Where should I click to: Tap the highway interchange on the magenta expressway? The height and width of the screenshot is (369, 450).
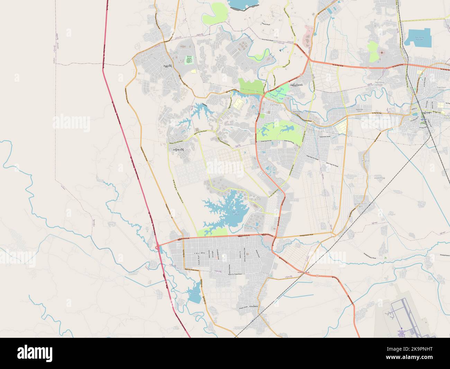click(x=158, y=248)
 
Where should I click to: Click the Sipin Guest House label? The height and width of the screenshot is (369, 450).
click(x=297, y=113)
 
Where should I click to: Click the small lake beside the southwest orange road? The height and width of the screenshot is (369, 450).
click(x=194, y=293)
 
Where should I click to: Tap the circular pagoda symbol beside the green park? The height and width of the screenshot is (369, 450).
click(x=382, y=52)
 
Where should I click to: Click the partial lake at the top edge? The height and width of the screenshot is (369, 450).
click(x=244, y=4)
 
